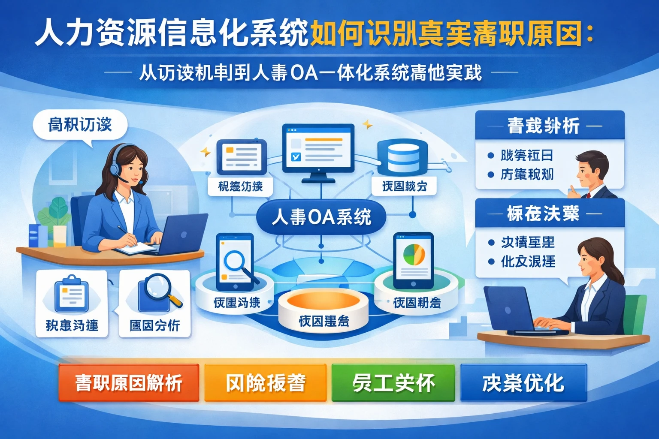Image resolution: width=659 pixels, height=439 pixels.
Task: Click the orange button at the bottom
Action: [x=129, y=383]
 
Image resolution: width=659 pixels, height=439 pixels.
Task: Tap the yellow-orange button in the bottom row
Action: [x=265, y=383]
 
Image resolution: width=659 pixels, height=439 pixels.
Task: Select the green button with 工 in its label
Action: [x=393, y=383]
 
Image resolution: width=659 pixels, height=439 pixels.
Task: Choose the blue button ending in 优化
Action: [x=523, y=383]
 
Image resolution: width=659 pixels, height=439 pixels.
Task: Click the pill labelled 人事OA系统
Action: [x=321, y=217]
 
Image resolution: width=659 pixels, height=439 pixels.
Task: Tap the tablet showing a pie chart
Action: [x=413, y=260]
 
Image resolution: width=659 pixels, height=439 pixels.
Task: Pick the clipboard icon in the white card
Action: [x=71, y=294]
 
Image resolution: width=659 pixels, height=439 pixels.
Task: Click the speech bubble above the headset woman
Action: [x=80, y=126]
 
